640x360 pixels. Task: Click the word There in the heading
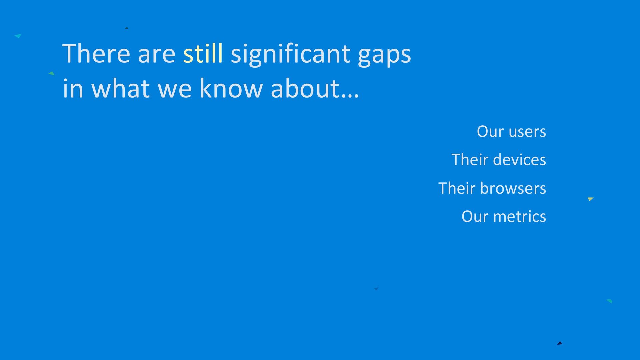tap(96, 53)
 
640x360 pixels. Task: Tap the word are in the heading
tap(157, 56)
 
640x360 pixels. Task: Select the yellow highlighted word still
tap(203, 53)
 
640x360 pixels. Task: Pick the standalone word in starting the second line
tap(73, 88)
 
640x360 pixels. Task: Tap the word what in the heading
tap(121, 88)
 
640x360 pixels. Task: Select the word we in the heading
tap(175, 91)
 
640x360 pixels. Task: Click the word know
tap(231, 88)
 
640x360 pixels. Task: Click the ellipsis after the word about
tap(350, 95)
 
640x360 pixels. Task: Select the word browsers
tap(513, 188)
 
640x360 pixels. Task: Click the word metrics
tap(520, 216)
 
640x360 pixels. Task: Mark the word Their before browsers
tap(457, 188)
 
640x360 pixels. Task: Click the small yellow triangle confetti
tap(590, 199)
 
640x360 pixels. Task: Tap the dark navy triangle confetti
tap(560, 343)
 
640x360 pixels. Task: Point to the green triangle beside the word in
tap(51, 73)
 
